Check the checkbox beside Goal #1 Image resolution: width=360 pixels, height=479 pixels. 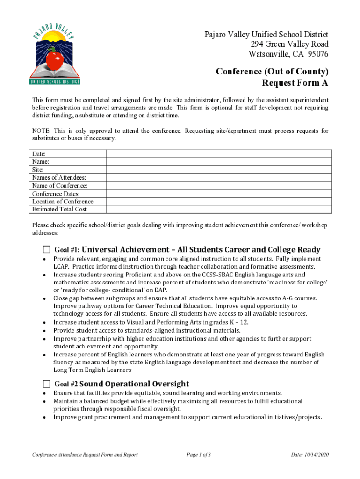click(46, 249)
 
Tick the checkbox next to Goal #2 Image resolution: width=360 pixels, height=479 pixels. click(46, 384)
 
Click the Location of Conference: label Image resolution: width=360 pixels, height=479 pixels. click(63, 202)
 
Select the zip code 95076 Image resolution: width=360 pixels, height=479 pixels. click(318, 54)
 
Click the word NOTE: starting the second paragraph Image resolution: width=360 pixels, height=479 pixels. click(41, 131)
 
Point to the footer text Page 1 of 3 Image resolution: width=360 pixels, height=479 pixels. click(199, 455)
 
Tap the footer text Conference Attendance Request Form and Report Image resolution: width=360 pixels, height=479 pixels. click(85, 455)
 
